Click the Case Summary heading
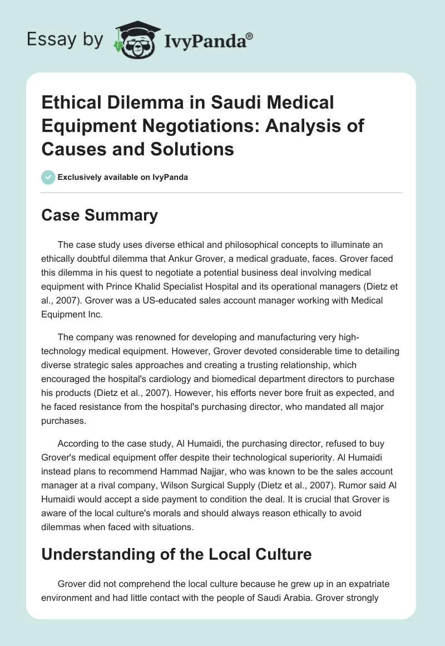tap(100, 216)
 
